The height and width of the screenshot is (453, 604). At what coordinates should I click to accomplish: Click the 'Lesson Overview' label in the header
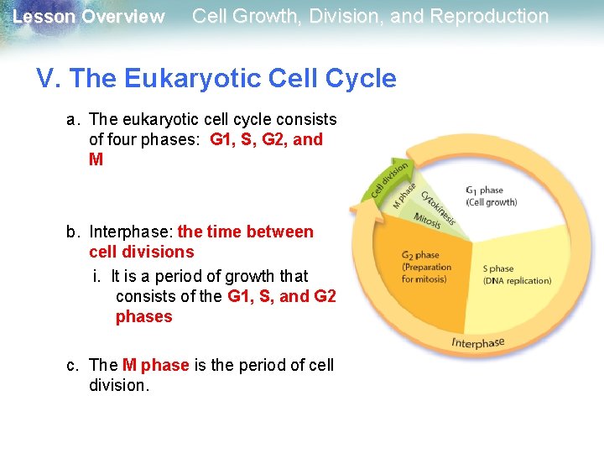(x=89, y=17)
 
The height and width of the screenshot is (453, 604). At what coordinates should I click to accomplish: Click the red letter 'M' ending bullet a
(x=96, y=159)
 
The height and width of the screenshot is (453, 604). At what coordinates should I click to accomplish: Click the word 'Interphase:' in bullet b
(x=131, y=232)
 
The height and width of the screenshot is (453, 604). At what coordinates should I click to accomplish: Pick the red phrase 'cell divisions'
(x=141, y=252)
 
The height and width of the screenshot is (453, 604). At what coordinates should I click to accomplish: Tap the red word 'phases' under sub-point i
(x=143, y=316)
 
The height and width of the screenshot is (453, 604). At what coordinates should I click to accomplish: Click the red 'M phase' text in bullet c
(x=156, y=365)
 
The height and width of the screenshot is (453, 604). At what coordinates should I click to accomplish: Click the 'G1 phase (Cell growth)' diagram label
(x=492, y=195)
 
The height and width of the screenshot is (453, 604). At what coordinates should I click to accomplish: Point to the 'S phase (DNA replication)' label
(x=517, y=274)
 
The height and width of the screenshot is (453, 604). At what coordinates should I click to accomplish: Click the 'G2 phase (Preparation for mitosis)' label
(x=426, y=267)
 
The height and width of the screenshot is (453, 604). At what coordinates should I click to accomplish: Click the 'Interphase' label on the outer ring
(x=477, y=342)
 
